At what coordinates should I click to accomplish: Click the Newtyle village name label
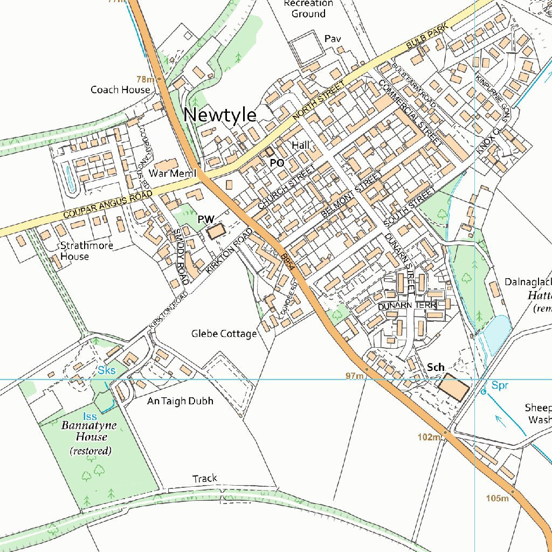[220, 115]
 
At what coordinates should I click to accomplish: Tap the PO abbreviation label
[277, 162]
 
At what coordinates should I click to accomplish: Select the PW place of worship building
[216, 232]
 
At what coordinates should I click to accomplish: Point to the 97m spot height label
[354, 375]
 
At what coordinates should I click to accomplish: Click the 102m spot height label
[429, 437]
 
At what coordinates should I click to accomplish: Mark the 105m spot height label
[496, 498]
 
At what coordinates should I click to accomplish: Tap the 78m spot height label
[145, 79]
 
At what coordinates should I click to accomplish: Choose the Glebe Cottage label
[224, 334]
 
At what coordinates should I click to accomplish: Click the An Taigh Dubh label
[180, 401]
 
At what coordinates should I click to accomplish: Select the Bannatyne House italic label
[89, 431]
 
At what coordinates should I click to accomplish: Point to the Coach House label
[120, 89]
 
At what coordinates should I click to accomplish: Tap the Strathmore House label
[86, 251]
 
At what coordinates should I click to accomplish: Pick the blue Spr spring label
[499, 385]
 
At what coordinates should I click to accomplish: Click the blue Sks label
[106, 370]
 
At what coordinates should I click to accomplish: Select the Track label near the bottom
[205, 478]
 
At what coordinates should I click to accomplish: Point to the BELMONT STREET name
[350, 195]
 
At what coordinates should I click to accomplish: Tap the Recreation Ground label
[308, 8]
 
